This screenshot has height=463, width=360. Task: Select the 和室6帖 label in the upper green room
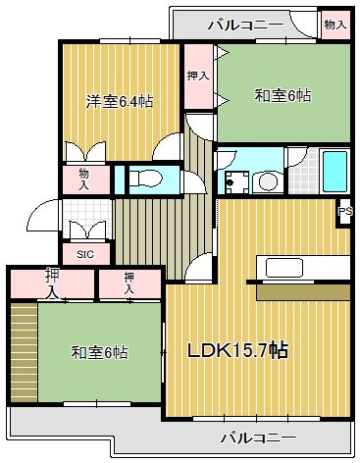[x=283, y=95]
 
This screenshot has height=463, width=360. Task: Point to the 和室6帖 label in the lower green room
[x=98, y=352]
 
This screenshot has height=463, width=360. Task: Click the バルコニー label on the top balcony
[x=250, y=24]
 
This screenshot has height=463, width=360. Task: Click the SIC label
[x=84, y=252]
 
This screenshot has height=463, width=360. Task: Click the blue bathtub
[x=335, y=172]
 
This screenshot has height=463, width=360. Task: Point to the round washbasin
[x=265, y=181]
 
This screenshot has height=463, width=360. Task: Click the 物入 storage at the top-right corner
[x=334, y=25]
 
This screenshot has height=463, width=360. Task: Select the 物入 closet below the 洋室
[x=84, y=179]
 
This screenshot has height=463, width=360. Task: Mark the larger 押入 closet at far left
[x=51, y=283]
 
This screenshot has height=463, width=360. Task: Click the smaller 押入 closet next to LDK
[x=129, y=283]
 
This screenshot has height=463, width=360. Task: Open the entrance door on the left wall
[x=41, y=216]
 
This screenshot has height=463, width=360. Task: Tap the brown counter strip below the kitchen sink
[x=302, y=291]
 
